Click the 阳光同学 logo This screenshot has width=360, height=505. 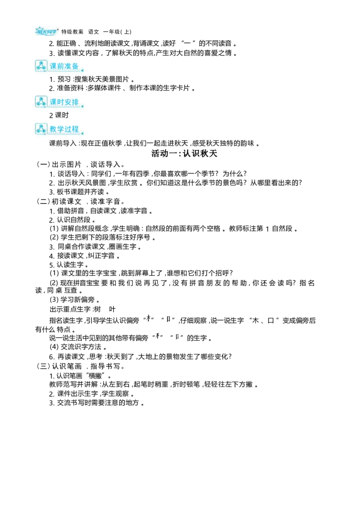47,31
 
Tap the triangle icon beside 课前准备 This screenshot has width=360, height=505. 41,66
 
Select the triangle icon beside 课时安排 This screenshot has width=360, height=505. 41,102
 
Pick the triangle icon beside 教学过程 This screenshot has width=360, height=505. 41,129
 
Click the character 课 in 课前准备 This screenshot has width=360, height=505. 54,66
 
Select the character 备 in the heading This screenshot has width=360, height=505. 75,66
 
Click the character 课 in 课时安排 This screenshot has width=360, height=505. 54,102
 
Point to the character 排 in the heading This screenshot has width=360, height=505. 75,102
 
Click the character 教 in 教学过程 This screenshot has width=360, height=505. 54,129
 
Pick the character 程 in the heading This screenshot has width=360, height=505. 75,129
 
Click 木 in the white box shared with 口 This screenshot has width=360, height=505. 148,318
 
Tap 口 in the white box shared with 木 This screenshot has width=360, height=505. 168,319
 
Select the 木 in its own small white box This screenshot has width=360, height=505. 158,336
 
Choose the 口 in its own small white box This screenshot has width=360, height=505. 178,336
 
